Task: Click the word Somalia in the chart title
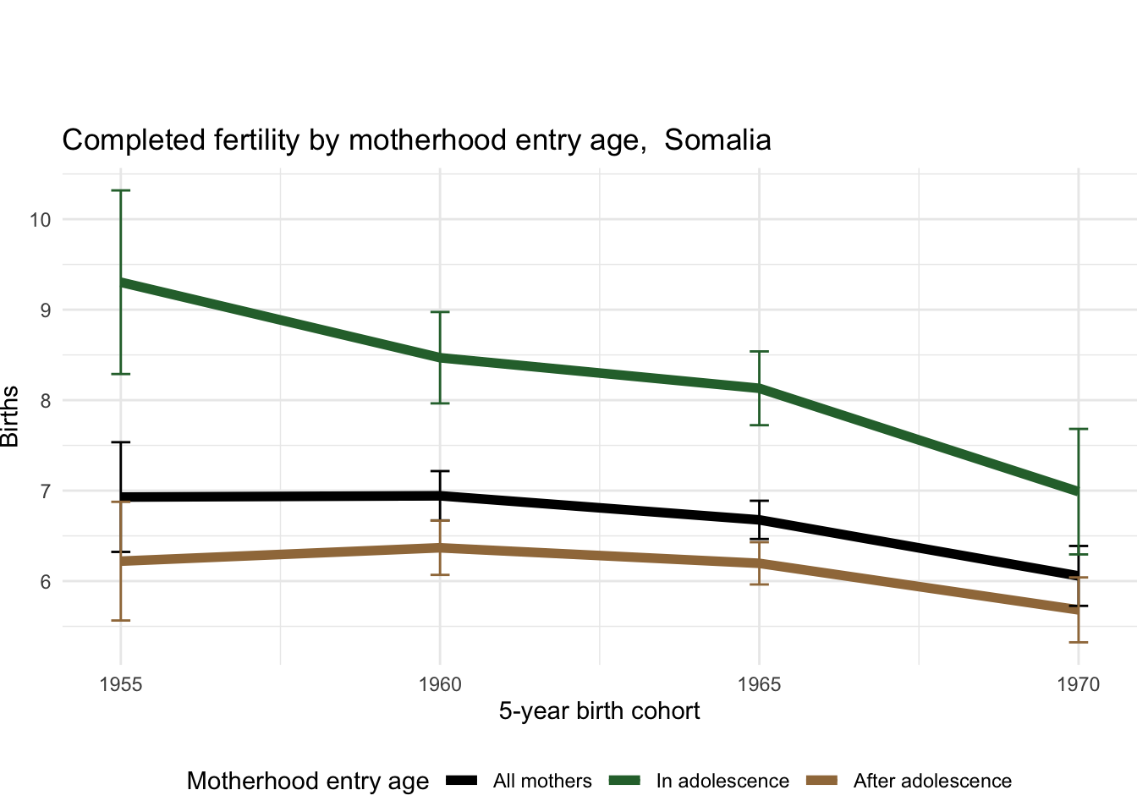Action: [717, 140]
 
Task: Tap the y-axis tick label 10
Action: [40, 220]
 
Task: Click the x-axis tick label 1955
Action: [120, 684]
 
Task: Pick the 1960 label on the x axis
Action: [440, 684]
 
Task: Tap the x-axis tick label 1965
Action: [759, 684]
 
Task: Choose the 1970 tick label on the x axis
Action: [1078, 684]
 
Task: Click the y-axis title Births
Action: [10, 416]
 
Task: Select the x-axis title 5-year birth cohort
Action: [599, 710]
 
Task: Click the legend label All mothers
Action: [542, 781]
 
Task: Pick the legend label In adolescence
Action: [722, 781]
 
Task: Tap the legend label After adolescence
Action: [932, 781]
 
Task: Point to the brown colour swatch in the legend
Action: [822, 780]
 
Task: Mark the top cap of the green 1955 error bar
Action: [120, 191]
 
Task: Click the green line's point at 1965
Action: [759, 388]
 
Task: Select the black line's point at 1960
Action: [440, 496]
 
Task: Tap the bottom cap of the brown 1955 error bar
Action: [120, 621]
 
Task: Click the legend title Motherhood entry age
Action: [308, 781]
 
